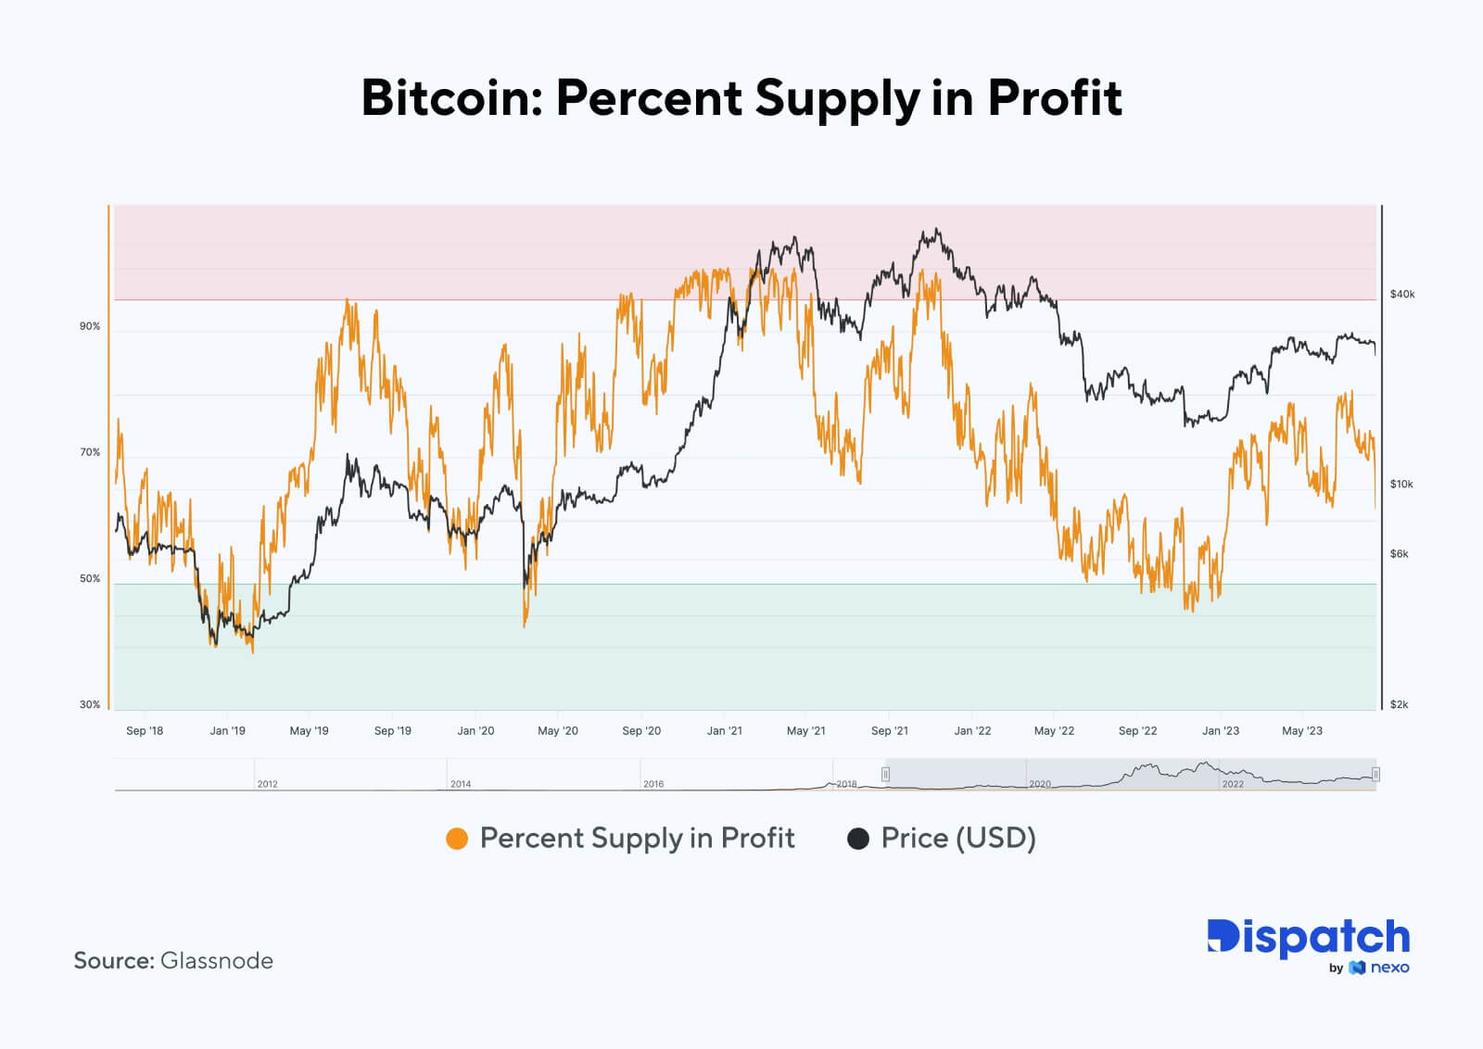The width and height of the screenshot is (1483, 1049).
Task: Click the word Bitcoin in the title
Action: coord(449,98)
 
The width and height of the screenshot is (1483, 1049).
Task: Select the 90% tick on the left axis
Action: coord(90,326)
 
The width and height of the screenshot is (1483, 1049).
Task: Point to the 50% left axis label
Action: coord(90,578)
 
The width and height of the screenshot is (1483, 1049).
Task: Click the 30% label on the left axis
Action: coord(90,704)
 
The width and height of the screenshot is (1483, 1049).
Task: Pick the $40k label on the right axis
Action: coord(1401,294)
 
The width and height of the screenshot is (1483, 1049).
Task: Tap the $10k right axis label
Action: coord(1401,484)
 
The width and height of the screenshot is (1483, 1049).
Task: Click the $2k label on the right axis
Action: coord(1399,704)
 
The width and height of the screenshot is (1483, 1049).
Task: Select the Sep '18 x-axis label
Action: coord(145,730)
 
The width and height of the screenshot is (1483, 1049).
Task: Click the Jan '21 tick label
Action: coord(724,730)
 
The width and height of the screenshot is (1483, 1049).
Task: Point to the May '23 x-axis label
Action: coord(1301,730)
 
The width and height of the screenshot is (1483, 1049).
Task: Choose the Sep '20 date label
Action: coord(641,730)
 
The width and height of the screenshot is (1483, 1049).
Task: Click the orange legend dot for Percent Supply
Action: coord(457,839)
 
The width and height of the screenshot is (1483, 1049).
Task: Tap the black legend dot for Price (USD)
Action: coord(858,839)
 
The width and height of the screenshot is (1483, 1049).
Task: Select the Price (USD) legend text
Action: coord(957,838)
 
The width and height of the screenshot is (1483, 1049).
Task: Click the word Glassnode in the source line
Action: coord(216,960)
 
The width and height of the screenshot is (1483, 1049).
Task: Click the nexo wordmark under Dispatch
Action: coord(1388,967)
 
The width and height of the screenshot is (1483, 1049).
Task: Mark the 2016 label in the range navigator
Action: coord(653,784)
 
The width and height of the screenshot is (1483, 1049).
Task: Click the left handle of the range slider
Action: coord(886,774)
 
